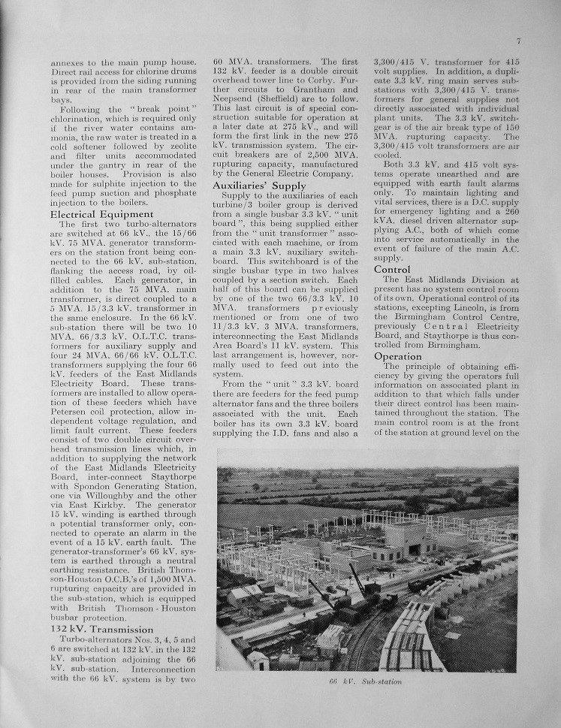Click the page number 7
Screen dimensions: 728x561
518,41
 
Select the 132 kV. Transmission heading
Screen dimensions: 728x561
101,629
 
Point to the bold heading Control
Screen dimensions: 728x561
392,269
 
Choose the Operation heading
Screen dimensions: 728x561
398,355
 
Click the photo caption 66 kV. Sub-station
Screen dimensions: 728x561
366,681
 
